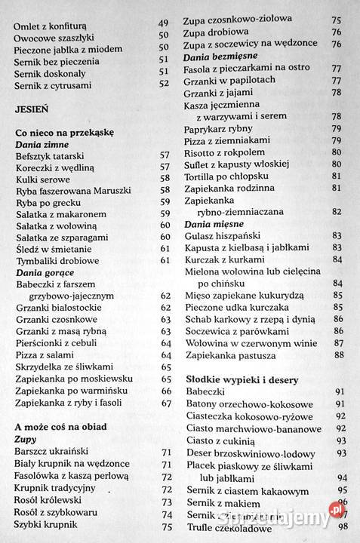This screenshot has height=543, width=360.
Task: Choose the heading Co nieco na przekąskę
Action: [64, 133]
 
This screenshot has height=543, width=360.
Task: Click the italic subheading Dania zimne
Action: [42, 144]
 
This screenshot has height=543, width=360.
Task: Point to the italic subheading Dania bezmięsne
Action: [222, 56]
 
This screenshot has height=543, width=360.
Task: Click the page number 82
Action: [337, 212]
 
